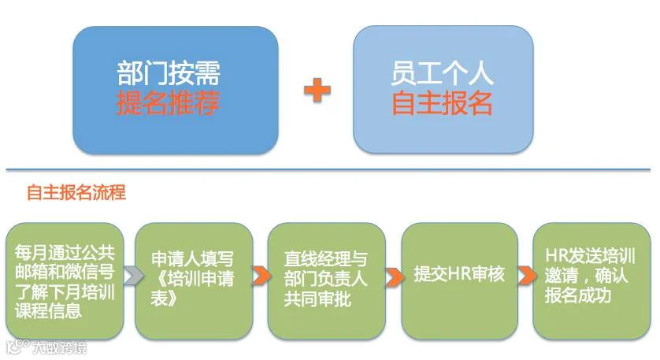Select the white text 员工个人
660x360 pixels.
coord(442,75)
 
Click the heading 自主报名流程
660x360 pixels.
coord(76,192)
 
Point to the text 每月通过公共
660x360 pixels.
coord(65,252)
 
